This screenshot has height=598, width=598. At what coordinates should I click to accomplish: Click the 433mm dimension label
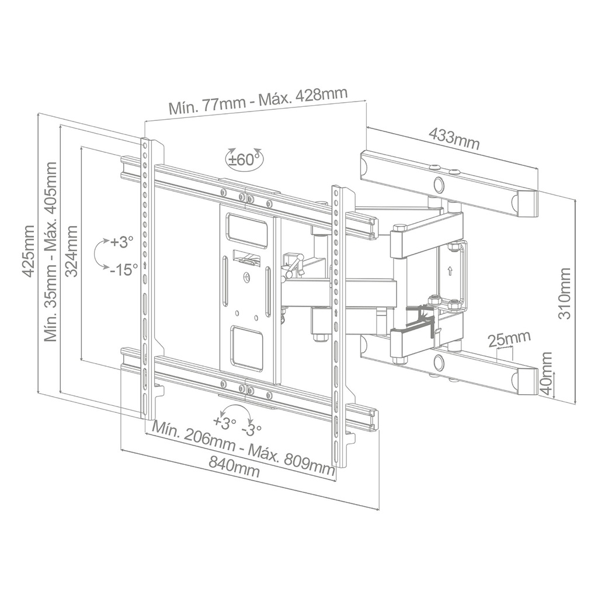point(454,139)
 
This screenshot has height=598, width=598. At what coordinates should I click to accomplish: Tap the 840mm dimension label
point(234,466)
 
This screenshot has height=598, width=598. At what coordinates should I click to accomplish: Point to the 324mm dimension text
point(72,251)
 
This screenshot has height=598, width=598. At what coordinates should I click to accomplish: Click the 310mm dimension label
point(565,294)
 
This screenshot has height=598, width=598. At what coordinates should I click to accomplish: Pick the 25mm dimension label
point(509,338)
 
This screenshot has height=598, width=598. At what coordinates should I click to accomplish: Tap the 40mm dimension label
point(547,374)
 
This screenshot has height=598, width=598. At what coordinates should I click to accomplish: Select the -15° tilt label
point(124,270)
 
